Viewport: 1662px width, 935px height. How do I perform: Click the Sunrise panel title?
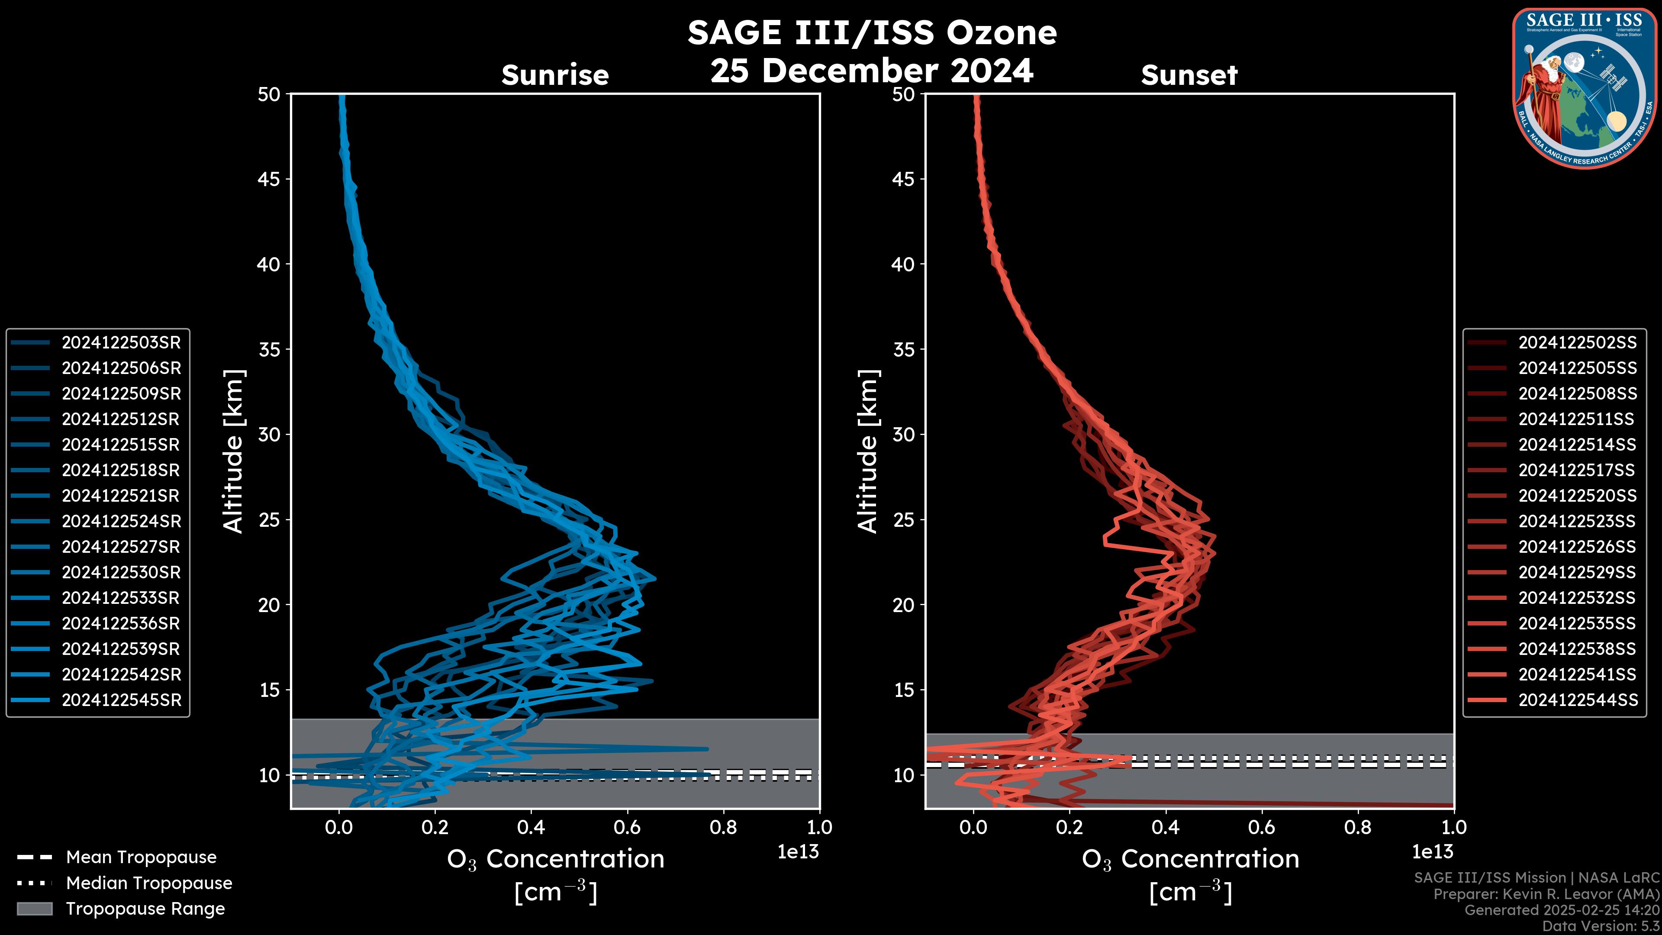(x=555, y=75)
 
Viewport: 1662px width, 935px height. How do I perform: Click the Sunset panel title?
(x=1189, y=75)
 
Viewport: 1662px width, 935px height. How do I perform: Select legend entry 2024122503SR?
(x=121, y=343)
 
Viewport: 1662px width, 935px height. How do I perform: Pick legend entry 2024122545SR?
(x=121, y=700)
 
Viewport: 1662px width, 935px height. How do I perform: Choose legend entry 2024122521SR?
(x=121, y=496)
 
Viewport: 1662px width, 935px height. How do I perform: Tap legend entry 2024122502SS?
(x=1577, y=343)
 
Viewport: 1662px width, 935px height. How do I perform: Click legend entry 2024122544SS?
(x=1577, y=700)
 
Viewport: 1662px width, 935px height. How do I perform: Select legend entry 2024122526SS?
(x=1577, y=547)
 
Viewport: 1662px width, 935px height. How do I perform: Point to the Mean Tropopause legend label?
(x=141, y=858)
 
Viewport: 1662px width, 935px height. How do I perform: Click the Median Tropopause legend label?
(x=149, y=883)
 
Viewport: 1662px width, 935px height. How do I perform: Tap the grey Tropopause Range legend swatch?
(x=34, y=909)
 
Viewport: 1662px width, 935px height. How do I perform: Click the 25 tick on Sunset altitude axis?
(x=903, y=520)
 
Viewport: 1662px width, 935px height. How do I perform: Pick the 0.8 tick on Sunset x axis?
(x=1357, y=827)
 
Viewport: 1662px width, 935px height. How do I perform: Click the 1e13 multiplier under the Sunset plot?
(x=1432, y=852)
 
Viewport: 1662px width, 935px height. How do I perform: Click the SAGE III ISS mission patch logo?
(x=1584, y=88)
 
